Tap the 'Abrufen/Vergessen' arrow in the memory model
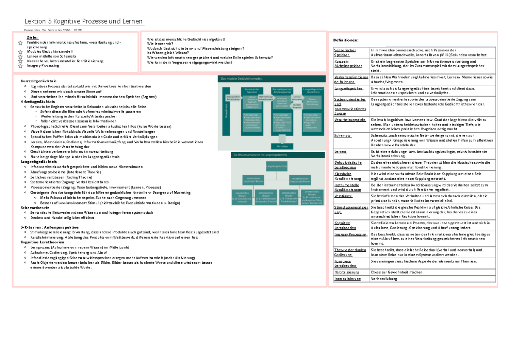pos(296,107)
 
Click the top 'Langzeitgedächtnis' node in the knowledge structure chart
pos(275,167)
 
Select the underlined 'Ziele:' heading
pos(32,38)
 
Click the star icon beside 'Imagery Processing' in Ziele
pos(20,66)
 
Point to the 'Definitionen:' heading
pos(346,40)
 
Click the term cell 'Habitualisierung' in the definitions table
pos(347,272)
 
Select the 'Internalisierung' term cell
pos(347,279)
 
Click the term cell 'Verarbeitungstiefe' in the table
pos(350,120)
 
